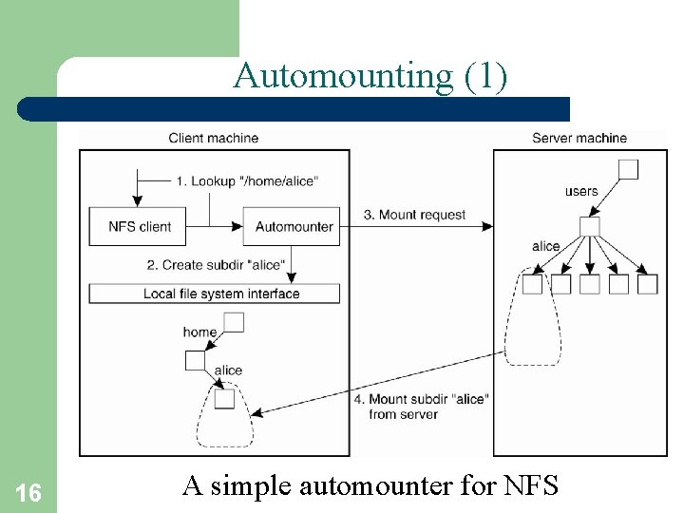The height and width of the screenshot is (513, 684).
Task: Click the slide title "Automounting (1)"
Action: (370, 75)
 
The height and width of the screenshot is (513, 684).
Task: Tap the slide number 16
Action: (28, 492)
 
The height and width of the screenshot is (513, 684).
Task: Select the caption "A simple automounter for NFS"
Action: (370, 486)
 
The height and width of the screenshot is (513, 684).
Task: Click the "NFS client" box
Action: (140, 227)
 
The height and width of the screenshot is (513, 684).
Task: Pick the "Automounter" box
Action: (294, 227)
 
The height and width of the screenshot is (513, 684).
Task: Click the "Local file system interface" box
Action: (215, 294)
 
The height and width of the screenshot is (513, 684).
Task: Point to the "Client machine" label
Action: (213, 138)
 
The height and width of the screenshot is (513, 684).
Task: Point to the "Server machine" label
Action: (579, 138)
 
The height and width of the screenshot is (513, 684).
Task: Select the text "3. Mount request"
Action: (414, 215)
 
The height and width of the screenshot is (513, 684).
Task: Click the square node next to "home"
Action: (234, 323)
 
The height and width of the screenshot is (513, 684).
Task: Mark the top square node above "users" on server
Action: (628, 169)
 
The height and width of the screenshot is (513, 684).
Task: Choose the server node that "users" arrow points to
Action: (590, 226)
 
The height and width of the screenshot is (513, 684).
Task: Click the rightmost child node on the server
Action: (648, 284)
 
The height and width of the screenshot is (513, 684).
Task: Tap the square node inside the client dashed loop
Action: (224, 399)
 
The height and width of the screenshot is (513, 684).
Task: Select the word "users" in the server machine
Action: (581, 191)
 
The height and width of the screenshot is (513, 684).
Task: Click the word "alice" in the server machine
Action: (545, 247)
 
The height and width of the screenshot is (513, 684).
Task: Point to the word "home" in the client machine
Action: (199, 332)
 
